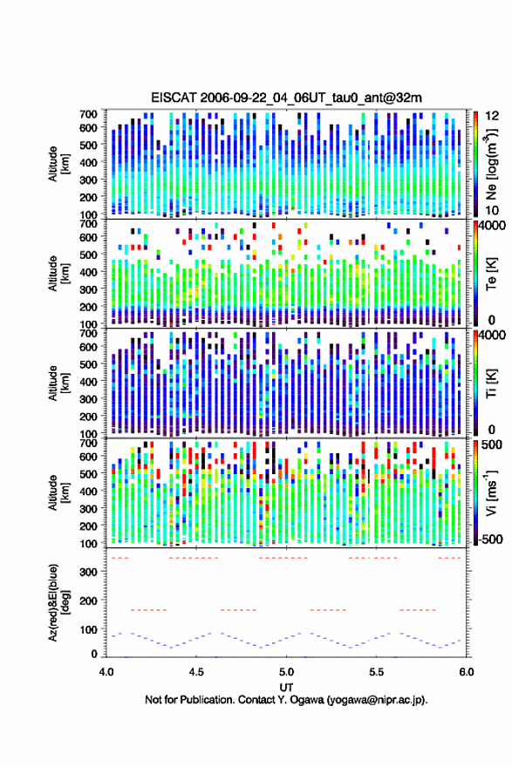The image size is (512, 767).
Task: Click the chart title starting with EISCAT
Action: click(x=286, y=98)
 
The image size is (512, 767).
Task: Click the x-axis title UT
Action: click(x=286, y=688)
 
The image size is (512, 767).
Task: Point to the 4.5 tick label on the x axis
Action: click(x=196, y=672)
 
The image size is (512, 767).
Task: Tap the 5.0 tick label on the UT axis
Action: click(x=286, y=672)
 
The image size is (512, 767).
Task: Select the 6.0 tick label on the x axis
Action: click(x=467, y=672)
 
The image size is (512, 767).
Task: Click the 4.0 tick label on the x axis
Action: click(x=106, y=672)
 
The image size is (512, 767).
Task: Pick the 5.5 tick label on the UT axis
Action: click(x=377, y=672)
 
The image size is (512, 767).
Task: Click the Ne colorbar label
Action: click(x=491, y=165)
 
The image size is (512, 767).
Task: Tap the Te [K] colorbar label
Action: click(x=491, y=274)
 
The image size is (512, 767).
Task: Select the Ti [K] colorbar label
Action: click(x=491, y=383)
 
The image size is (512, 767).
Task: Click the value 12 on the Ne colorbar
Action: click(x=493, y=116)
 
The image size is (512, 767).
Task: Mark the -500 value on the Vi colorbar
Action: click(x=488, y=540)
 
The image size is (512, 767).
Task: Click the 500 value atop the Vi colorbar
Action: click(x=491, y=445)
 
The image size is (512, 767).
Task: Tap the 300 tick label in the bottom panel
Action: click(x=88, y=573)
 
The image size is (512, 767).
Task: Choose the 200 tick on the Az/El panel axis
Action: click(x=88, y=601)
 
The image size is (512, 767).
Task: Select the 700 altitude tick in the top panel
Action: click(x=88, y=114)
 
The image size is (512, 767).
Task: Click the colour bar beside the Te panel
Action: click(x=475, y=273)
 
